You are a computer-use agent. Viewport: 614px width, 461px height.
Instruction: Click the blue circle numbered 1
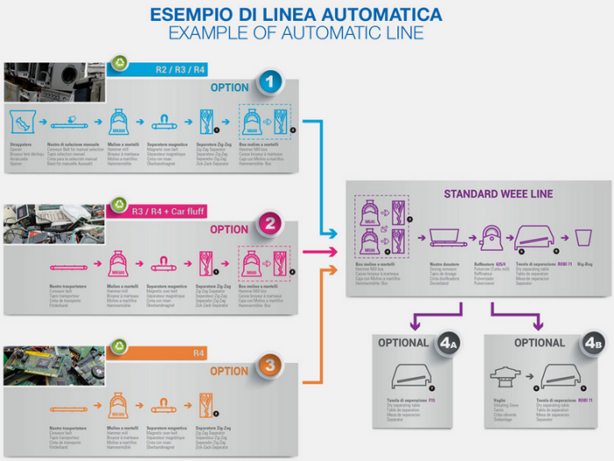point(270,82)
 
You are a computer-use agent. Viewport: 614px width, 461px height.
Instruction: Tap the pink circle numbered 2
point(270,223)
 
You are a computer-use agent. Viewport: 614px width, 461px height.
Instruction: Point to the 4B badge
point(591,344)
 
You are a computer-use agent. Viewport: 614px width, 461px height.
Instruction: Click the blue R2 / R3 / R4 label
point(181,68)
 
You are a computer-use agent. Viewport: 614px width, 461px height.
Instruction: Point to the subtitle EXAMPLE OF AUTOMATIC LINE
point(295,33)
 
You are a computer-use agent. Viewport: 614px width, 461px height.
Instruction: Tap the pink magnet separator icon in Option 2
point(166,260)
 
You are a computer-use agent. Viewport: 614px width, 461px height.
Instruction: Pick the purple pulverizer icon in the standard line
point(489,236)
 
